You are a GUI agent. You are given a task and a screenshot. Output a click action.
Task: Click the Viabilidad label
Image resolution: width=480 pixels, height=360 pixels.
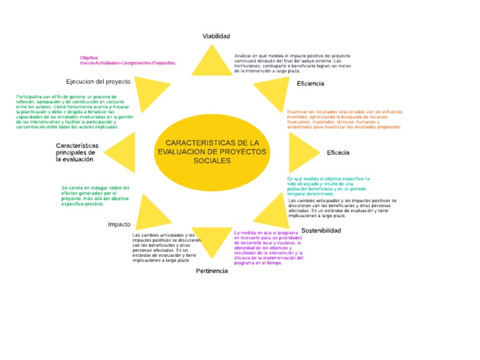(216, 36)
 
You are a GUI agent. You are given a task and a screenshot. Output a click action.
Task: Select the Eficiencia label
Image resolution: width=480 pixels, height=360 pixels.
(311, 83)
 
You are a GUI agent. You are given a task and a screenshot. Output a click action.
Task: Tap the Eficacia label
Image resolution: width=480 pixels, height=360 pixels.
(337, 152)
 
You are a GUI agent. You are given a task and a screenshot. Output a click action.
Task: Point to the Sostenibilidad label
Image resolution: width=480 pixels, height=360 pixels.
(321, 231)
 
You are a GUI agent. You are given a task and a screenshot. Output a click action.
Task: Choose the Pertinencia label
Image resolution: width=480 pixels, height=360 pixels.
(212, 271)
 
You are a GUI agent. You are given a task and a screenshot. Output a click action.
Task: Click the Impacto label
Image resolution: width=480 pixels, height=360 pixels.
(119, 224)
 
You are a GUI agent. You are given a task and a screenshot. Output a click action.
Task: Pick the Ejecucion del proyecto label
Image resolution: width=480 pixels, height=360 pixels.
(98, 81)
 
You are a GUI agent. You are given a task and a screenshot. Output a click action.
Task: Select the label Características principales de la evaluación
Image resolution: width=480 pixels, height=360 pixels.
(77, 152)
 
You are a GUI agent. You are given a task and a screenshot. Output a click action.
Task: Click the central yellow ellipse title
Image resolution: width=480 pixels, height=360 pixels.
(212, 152)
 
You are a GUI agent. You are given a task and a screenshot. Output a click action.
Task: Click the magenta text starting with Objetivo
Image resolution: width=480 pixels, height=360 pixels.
(128, 60)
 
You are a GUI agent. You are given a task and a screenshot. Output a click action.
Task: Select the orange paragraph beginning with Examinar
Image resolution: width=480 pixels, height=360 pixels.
(344, 119)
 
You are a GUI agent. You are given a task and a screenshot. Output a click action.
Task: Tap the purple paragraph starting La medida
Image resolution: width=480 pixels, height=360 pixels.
(269, 247)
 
